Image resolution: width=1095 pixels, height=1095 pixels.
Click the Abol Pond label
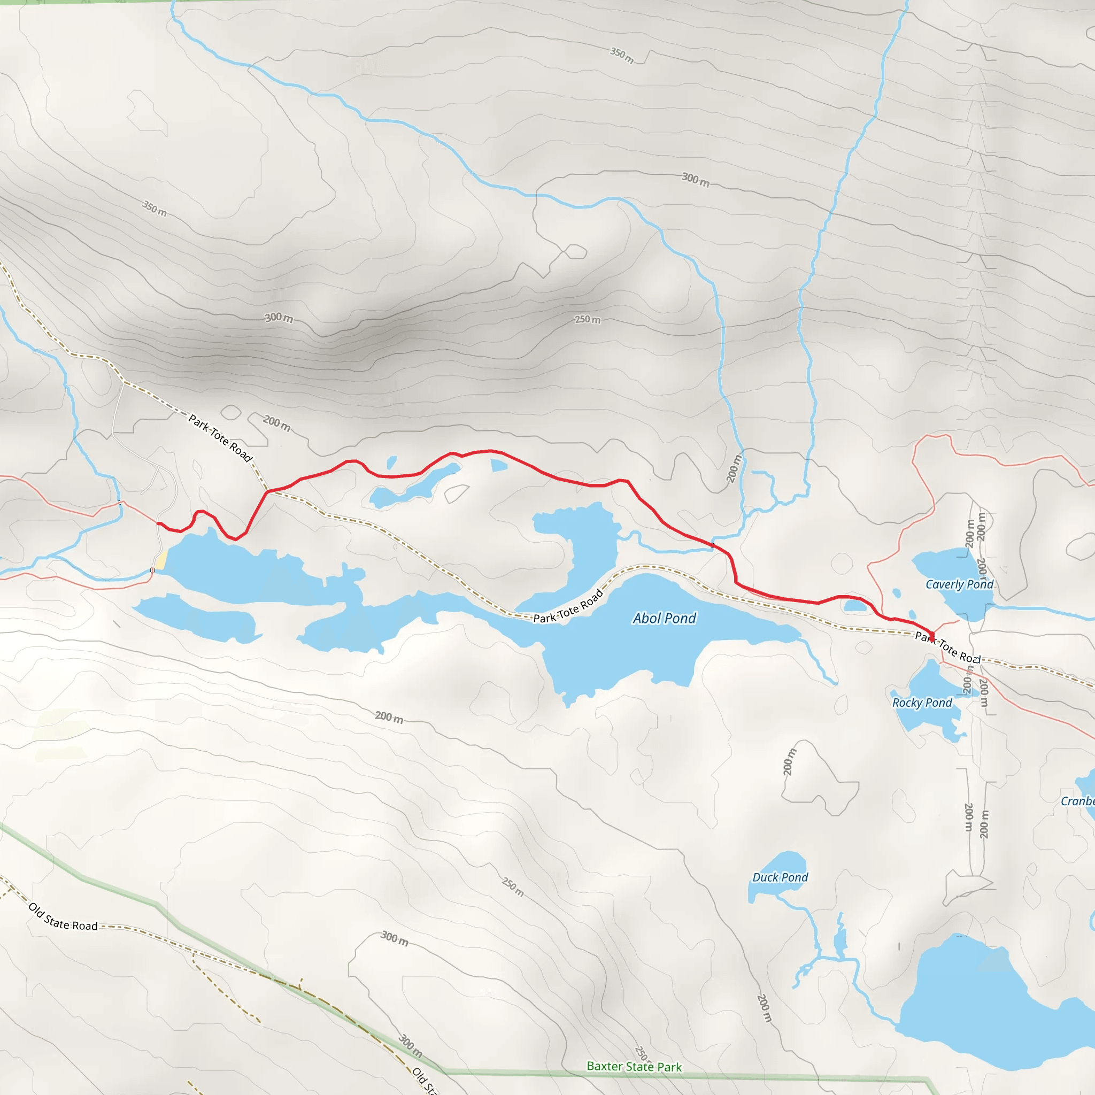coord(664,619)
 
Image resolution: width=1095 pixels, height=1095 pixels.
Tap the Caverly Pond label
coord(960,584)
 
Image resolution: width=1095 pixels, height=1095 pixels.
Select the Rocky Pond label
coord(922,703)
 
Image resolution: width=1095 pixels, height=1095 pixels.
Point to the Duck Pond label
coord(780,877)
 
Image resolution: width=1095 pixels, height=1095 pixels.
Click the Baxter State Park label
coord(634,1067)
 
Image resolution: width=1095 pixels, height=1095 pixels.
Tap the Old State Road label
coord(63,917)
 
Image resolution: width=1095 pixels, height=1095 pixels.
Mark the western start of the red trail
coord(159,523)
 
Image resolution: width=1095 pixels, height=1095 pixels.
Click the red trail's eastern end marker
coord(932,635)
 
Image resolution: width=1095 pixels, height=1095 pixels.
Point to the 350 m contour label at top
coord(622,55)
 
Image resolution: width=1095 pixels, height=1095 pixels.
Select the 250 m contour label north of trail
coord(588,320)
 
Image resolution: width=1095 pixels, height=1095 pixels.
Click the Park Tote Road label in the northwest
coord(220,438)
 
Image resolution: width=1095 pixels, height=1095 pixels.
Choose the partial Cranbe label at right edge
coord(1077,801)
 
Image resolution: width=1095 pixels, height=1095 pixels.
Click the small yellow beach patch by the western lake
coord(161,560)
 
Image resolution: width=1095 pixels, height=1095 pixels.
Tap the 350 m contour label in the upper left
coord(155,208)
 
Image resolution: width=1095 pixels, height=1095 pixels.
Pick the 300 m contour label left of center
coord(279,318)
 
